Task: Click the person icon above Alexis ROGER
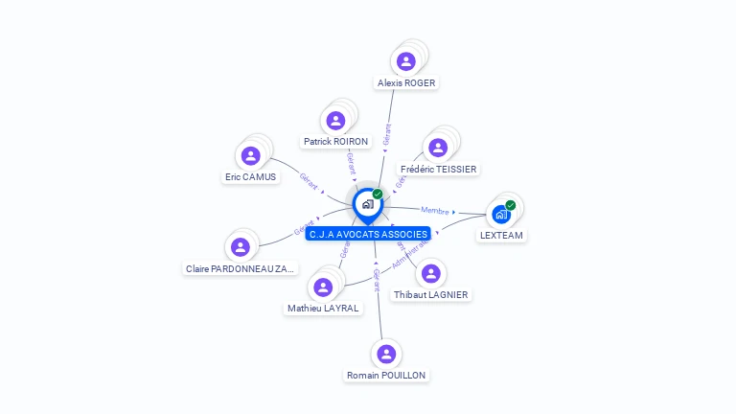click(406, 61)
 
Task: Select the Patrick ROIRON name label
click(335, 141)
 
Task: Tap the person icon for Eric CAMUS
click(251, 155)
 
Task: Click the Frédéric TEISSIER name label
click(438, 169)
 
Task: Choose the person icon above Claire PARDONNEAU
click(241, 247)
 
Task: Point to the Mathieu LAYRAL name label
click(323, 309)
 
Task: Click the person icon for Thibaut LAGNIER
click(430, 273)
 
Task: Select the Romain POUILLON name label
click(386, 376)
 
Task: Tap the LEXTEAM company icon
click(500, 214)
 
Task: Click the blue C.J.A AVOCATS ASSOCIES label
click(368, 234)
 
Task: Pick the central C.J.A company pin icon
click(367, 204)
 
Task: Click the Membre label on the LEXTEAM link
click(435, 211)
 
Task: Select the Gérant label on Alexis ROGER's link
click(386, 134)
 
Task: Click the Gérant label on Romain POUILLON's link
click(377, 280)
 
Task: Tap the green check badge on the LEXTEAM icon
click(511, 205)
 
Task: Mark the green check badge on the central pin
click(378, 194)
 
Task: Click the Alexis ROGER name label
click(406, 83)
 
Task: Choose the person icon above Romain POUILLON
click(386, 354)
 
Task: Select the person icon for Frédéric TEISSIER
click(438, 148)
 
